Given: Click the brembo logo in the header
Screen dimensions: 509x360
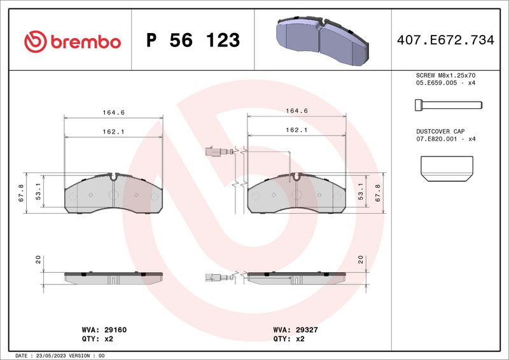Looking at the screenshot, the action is click(x=73, y=41).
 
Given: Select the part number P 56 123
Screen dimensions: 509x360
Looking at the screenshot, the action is click(x=193, y=40).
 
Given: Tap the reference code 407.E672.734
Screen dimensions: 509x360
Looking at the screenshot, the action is click(x=445, y=40).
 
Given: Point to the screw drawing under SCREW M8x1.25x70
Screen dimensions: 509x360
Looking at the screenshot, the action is click(x=449, y=105).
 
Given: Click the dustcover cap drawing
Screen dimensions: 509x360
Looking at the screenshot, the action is click(x=447, y=169).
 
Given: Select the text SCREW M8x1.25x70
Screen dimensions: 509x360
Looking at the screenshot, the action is click(x=445, y=75).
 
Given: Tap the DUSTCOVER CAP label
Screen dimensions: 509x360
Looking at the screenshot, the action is click(x=440, y=131).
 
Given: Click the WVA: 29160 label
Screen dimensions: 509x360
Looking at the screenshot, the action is click(x=104, y=330).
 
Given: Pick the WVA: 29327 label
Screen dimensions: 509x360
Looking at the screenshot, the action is click(x=295, y=330).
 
